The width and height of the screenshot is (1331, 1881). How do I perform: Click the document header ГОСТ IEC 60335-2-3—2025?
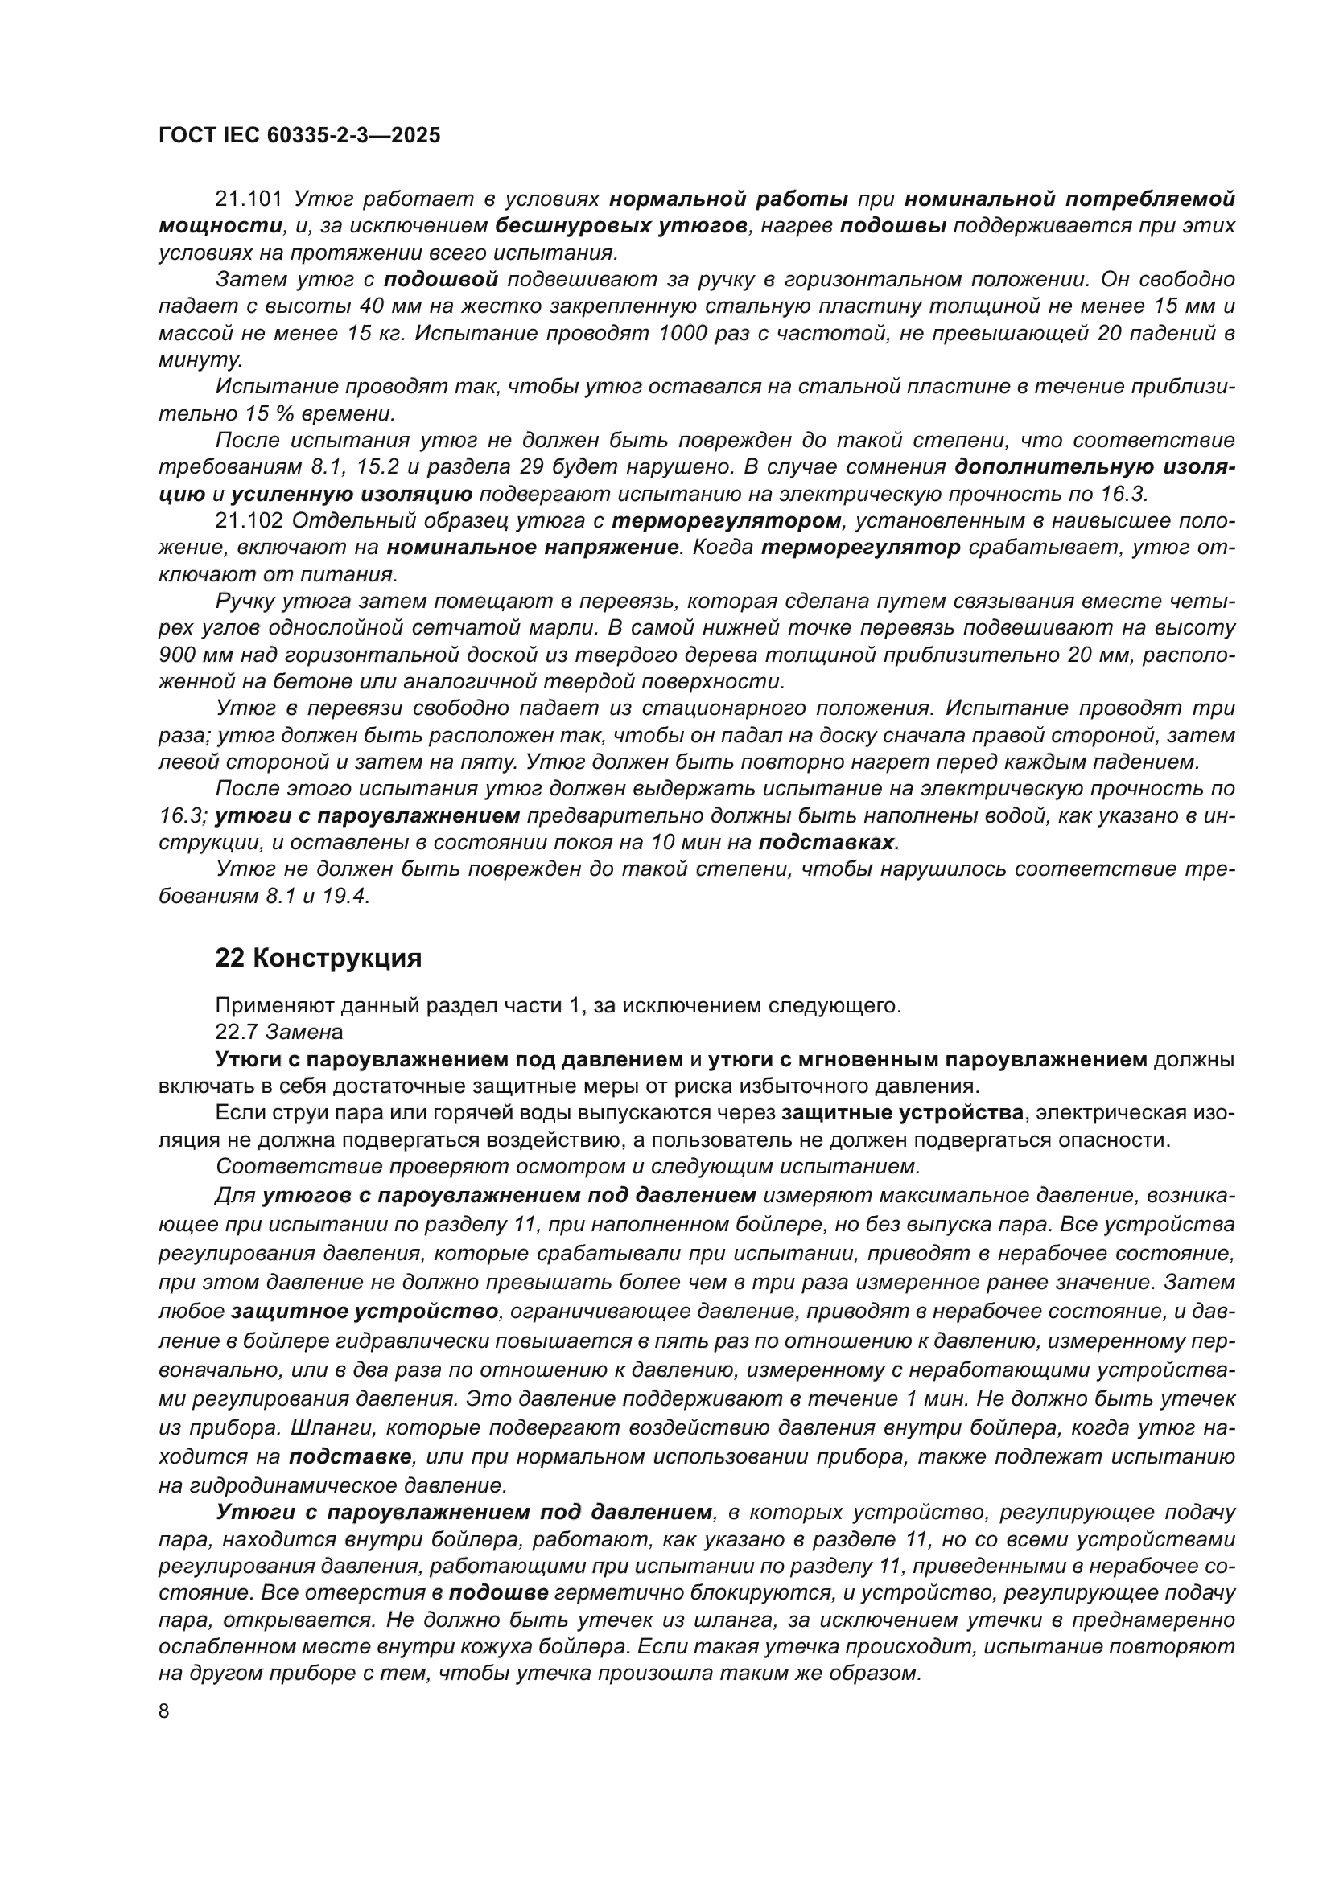[299, 135]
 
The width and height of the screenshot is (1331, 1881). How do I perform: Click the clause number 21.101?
[249, 199]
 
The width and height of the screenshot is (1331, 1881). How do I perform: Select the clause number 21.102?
[249, 521]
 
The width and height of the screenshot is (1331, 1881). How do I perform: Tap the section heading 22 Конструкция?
[318, 958]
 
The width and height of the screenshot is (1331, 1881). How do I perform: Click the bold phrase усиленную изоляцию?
[351, 494]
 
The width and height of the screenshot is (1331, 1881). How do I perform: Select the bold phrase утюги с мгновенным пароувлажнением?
[927, 1059]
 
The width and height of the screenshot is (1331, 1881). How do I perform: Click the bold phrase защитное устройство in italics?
[365, 1312]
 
